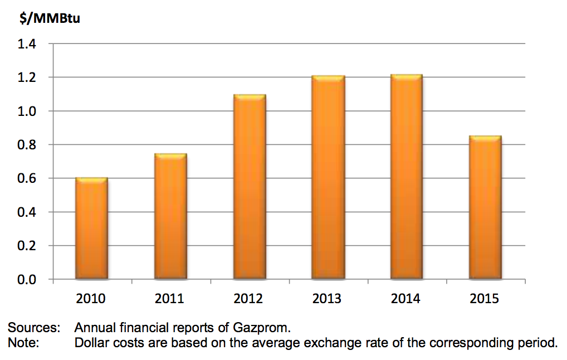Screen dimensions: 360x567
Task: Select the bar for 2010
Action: point(91,228)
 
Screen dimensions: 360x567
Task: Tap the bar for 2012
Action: point(249,187)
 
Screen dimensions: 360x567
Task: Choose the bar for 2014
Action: point(406,177)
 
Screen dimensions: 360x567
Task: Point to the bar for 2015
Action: point(485,207)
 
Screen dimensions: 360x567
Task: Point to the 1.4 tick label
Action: point(26,44)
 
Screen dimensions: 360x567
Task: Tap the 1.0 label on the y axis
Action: point(26,111)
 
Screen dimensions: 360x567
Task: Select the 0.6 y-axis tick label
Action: point(26,178)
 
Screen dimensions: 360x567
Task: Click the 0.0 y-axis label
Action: point(26,279)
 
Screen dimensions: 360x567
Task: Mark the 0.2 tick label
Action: point(26,246)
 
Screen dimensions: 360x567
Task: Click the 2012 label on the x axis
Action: point(249,299)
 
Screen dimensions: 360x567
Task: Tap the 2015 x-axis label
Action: point(485,299)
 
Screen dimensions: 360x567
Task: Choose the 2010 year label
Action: point(91,299)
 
